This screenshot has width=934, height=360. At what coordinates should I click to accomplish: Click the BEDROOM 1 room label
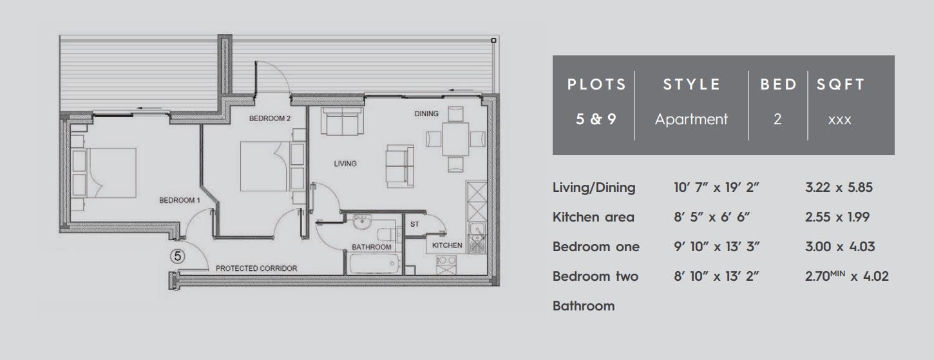coord(180,200)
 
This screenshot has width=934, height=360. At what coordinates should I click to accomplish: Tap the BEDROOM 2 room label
coord(270,118)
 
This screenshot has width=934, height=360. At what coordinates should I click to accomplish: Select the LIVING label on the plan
coord(345,164)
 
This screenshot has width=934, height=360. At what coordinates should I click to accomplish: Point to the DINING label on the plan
coord(426,113)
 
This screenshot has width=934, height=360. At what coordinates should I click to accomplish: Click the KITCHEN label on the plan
coord(447,245)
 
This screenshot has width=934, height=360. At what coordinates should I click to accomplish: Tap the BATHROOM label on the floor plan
coord(372,247)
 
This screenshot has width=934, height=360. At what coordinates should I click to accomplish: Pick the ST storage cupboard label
coord(415,224)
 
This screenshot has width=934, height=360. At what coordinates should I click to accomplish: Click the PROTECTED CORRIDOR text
coord(256,268)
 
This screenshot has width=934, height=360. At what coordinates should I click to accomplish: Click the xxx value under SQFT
coord(841,120)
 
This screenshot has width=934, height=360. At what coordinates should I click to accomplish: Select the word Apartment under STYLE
coord(691,119)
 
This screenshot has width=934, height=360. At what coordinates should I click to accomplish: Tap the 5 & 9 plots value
coord(596,119)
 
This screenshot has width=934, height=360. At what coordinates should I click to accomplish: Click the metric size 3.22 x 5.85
coord(839,187)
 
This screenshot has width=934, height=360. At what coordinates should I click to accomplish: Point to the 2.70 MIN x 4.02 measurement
coord(846,276)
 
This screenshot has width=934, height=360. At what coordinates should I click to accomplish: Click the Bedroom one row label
coord(596,247)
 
